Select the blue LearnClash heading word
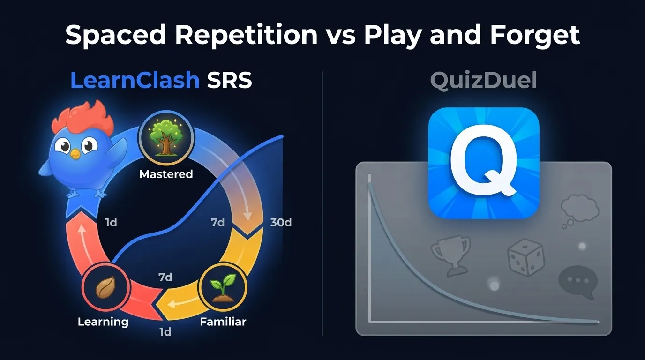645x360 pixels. [135, 81]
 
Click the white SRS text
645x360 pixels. [229, 81]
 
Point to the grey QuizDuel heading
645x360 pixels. [483, 81]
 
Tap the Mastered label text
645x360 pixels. [166, 174]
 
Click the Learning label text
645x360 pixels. [103, 322]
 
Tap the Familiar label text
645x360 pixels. [223, 322]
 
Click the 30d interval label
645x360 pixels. [281, 222]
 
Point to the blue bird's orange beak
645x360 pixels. [75, 153]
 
